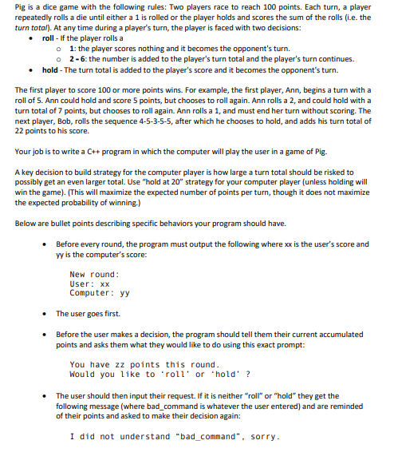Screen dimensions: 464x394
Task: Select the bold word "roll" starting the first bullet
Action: [48, 38]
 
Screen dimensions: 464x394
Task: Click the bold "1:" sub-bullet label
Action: [73, 48]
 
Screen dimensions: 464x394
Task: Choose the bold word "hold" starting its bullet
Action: [49, 70]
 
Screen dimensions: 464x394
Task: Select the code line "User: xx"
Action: [89, 284]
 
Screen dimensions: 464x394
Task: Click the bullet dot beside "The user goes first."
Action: [48, 313]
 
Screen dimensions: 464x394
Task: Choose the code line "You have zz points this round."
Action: [150, 364]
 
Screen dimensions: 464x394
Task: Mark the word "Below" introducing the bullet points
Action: [27, 224]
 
